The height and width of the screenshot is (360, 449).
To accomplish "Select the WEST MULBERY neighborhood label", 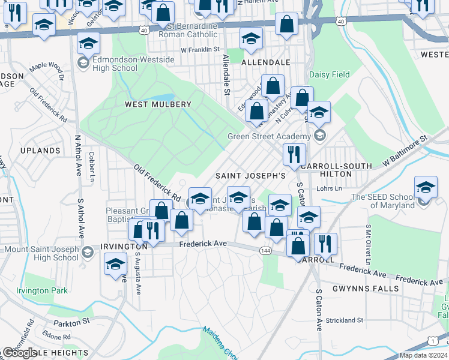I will (x=158, y=104).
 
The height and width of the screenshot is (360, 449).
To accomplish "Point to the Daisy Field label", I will (x=329, y=75).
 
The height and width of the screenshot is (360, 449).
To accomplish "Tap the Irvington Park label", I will (x=43, y=291).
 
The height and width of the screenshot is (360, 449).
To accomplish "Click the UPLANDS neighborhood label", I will (x=40, y=150).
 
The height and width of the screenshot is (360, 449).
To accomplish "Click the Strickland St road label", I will (x=344, y=320).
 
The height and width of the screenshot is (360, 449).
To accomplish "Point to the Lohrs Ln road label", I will (x=329, y=188).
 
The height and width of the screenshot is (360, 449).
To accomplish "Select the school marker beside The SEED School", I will (x=426, y=187).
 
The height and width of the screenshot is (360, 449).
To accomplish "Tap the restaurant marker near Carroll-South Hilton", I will (x=294, y=155).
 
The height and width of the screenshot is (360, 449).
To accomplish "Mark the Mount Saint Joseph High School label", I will (x=41, y=253).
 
